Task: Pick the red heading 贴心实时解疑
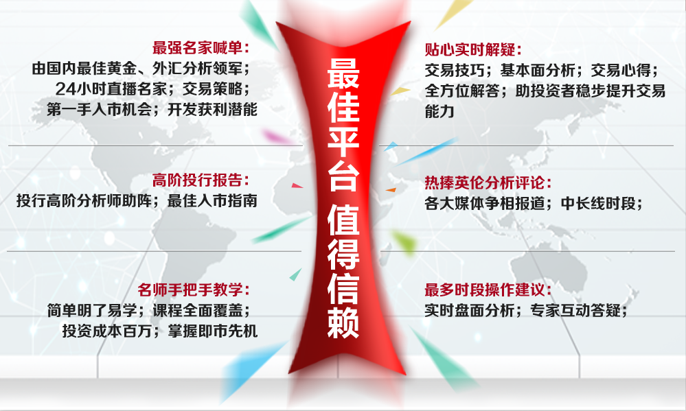point(473,49)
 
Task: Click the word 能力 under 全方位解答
point(440,111)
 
